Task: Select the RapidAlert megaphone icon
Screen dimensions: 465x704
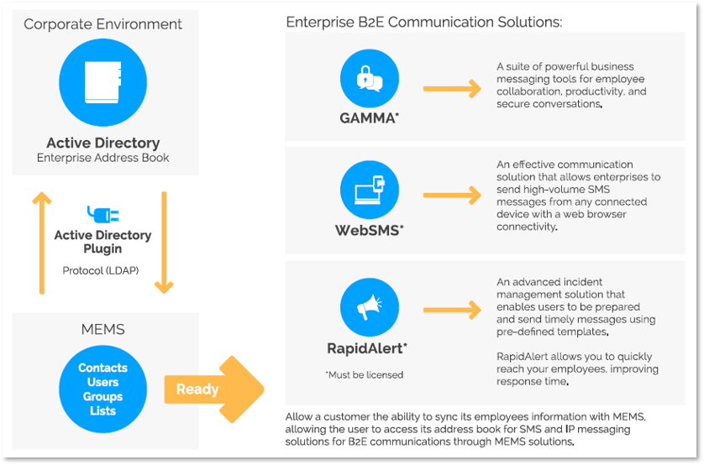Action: pos(370,307)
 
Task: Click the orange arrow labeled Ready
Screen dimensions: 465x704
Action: pos(213,389)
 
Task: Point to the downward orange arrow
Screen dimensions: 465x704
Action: pos(164,243)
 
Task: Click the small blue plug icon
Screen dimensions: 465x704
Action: pos(102,213)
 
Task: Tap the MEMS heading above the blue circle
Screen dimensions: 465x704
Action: pos(103,329)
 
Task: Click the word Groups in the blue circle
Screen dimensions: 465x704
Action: pos(102,396)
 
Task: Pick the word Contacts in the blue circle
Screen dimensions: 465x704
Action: pos(102,368)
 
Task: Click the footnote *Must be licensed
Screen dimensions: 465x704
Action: pos(364,374)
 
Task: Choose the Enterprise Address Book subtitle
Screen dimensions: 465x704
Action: pos(103,158)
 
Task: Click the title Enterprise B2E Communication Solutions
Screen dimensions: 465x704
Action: pos(424,22)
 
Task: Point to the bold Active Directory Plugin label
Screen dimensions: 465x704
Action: pos(102,242)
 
